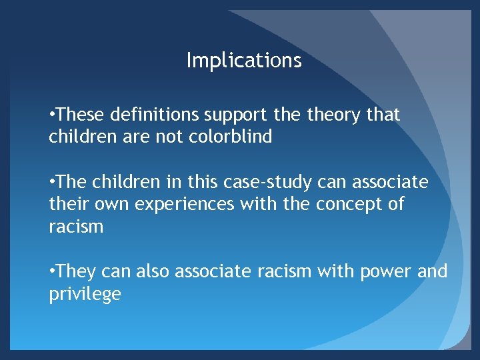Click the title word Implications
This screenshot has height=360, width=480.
click(244, 61)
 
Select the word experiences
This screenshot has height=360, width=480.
click(185, 205)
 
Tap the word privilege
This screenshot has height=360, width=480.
click(85, 294)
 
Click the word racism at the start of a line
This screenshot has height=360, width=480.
click(76, 227)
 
